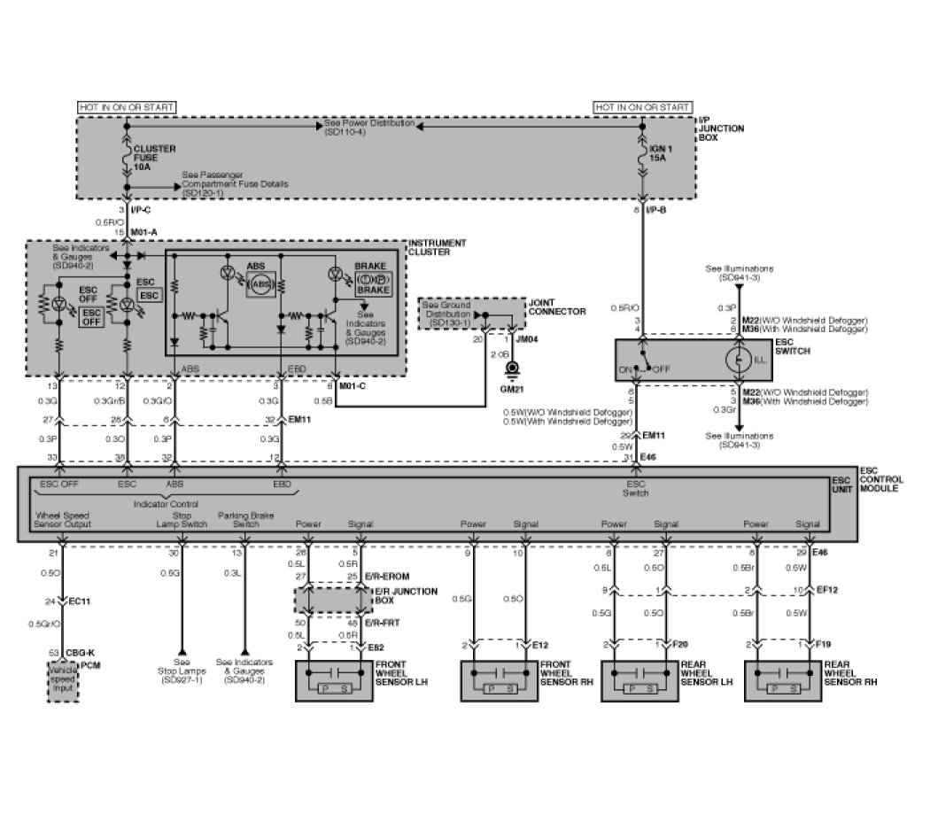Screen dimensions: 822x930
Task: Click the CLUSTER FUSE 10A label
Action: click(153, 158)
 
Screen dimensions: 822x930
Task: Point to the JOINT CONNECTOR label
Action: click(556, 306)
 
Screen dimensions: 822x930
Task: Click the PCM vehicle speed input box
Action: click(62, 684)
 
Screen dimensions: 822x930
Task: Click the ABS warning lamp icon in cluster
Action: click(260, 283)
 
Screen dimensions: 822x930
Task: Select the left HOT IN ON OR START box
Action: click(127, 107)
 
